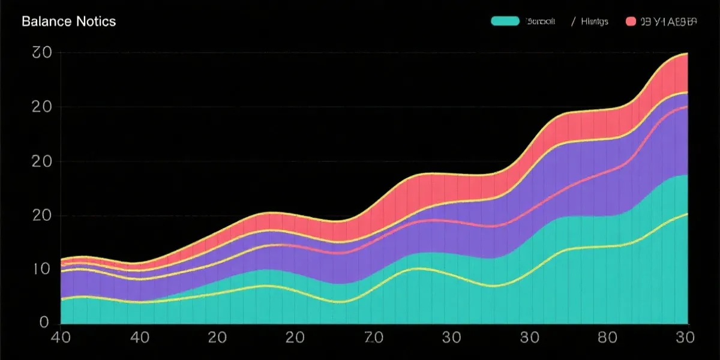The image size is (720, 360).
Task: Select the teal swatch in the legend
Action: click(505, 22)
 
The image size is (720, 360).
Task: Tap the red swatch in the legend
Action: click(630, 22)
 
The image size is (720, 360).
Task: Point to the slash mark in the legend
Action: click(574, 22)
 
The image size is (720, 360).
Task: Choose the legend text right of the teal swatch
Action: click(540, 22)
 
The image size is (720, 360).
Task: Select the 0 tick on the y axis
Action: click(43, 323)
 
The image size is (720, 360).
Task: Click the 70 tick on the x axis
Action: click(373, 338)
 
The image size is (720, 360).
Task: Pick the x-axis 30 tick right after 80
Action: click(683, 338)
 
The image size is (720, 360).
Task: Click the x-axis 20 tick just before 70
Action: click(295, 338)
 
